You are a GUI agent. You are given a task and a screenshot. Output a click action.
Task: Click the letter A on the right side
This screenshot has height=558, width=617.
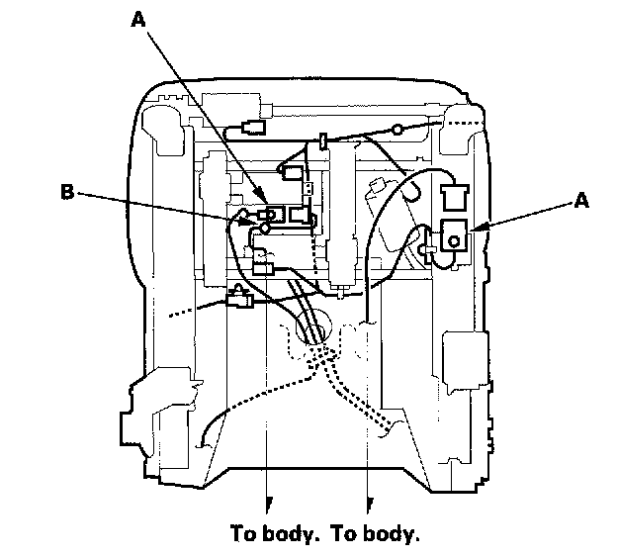click(581, 201)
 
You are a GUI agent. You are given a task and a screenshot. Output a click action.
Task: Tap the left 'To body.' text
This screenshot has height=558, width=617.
click(273, 534)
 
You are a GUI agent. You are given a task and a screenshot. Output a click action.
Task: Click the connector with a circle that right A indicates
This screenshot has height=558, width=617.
click(457, 237)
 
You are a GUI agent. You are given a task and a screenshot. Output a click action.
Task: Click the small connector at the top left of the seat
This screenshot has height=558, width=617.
click(250, 129)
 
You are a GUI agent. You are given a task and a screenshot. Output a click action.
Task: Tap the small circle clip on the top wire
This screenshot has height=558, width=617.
click(397, 129)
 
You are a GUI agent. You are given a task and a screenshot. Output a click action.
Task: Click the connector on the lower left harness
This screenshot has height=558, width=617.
click(239, 296)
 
